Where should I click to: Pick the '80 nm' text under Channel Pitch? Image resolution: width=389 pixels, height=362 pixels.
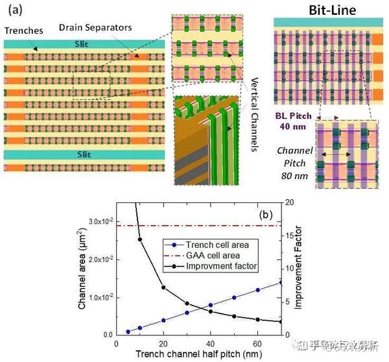(296, 175)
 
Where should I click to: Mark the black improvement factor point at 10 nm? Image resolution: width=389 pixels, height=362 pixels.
(141, 239)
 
